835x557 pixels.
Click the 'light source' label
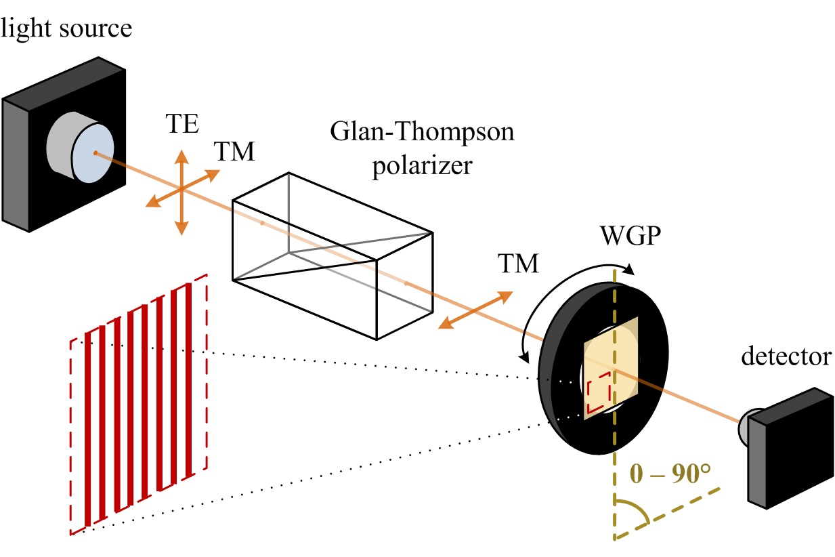pos(66,28)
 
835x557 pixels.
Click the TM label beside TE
pos(234,152)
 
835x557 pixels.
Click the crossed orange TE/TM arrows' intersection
pos(181,190)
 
